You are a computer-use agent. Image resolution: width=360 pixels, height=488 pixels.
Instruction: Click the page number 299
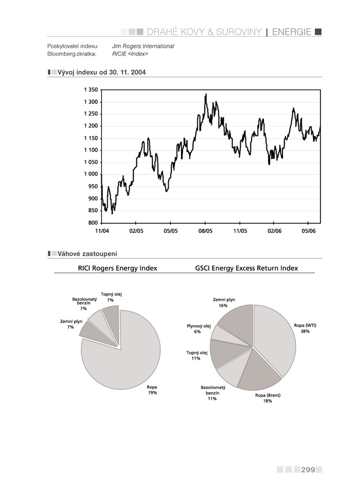[308, 469]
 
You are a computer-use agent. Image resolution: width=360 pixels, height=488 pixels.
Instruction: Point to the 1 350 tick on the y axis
[91, 90]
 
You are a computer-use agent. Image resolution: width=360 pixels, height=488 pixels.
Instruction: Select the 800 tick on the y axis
[93, 223]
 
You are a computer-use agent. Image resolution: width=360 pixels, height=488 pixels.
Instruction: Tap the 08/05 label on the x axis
[205, 231]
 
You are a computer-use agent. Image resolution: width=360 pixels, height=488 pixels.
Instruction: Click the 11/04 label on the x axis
[102, 231]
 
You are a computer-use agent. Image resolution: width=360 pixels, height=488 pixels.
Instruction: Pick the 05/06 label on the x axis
[308, 231]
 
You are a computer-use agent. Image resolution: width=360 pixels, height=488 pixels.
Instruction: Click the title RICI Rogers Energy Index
[117, 268]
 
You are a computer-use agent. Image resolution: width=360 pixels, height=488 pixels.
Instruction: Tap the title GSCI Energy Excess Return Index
[246, 268]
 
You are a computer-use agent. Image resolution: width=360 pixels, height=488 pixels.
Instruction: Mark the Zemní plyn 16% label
[224, 302]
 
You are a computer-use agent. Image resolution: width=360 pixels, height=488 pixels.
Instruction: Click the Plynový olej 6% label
[199, 329]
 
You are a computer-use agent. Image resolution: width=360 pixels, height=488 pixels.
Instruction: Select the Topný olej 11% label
[196, 355]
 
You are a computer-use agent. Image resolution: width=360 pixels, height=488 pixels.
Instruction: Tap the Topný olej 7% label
[111, 297]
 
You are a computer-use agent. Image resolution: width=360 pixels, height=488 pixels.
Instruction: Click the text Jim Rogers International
[143, 46]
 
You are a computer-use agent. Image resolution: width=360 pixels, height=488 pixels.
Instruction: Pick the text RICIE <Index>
[130, 53]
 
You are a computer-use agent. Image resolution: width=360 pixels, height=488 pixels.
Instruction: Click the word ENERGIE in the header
[292, 32]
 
